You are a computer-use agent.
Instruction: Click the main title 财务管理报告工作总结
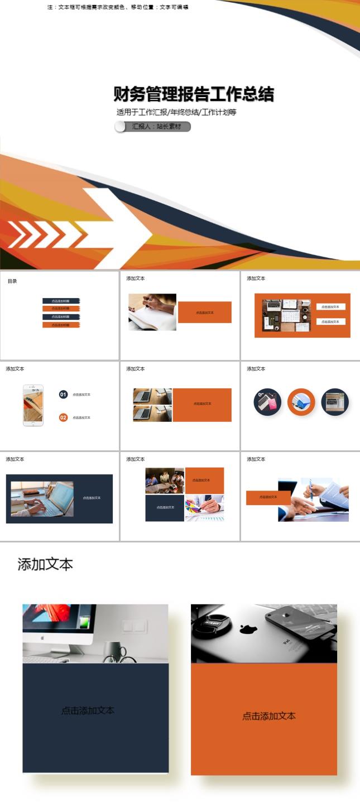(194, 94)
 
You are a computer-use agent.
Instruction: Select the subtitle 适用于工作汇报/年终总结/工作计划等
(176, 112)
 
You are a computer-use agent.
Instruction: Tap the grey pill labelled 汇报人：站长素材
(153, 127)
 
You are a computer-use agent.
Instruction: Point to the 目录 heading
(12, 281)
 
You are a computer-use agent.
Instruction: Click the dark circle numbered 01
(63, 395)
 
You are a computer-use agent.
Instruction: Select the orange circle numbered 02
(63, 417)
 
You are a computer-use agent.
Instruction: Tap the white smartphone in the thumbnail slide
(33, 405)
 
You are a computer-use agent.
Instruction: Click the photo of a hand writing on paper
(152, 311)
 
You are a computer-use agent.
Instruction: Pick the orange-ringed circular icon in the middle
(301, 402)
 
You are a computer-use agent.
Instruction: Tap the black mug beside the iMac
(114, 651)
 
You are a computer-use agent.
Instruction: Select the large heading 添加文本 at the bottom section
(45, 564)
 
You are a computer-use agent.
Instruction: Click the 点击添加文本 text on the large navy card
(88, 710)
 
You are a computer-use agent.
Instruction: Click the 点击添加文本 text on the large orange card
(269, 716)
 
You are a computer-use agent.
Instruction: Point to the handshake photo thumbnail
(313, 500)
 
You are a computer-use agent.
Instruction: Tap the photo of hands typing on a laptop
(42, 499)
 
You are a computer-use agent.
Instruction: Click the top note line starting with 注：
(118, 7)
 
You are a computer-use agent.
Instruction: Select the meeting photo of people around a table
(165, 481)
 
